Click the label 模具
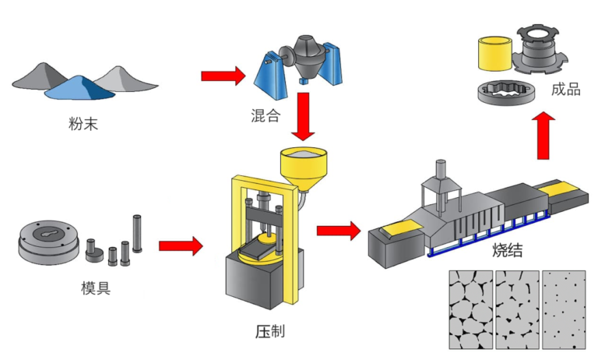point(96,289)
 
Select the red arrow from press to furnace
point(338,231)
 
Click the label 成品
point(565,90)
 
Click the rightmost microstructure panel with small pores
point(564,309)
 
